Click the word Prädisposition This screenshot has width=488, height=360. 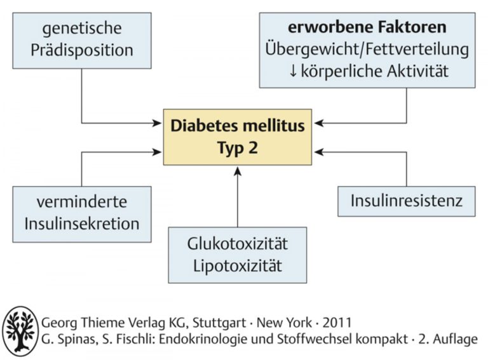click(x=82, y=50)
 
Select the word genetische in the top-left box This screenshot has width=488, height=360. click(x=82, y=29)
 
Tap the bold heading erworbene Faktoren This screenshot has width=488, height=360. click(x=367, y=27)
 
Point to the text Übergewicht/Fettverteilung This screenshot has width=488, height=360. click(x=367, y=50)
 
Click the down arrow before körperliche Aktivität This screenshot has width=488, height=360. click(x=293, y=71)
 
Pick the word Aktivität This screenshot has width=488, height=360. click(x=417, y=71)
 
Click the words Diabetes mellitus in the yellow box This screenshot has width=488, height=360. click(x=238, y=126)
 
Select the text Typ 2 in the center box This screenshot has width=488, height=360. click(x=238, y=148)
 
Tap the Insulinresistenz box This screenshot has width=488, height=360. click(x=407, y=201)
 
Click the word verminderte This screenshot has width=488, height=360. click(x=82, y=202)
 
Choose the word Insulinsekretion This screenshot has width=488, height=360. click(x=82, y=224)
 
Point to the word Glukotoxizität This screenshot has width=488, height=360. click(x=238, y=244)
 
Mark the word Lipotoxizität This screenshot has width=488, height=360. click(x=238, y=266)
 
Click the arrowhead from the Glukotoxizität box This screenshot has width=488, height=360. click(x=238, y=171)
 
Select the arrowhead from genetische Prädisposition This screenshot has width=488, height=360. click(x=157, y=123)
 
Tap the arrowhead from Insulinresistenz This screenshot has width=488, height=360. click(x=319, y=152)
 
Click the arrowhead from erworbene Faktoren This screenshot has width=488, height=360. click(x=319, y=123)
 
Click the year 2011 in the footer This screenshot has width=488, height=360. click(x=337, y=323)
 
